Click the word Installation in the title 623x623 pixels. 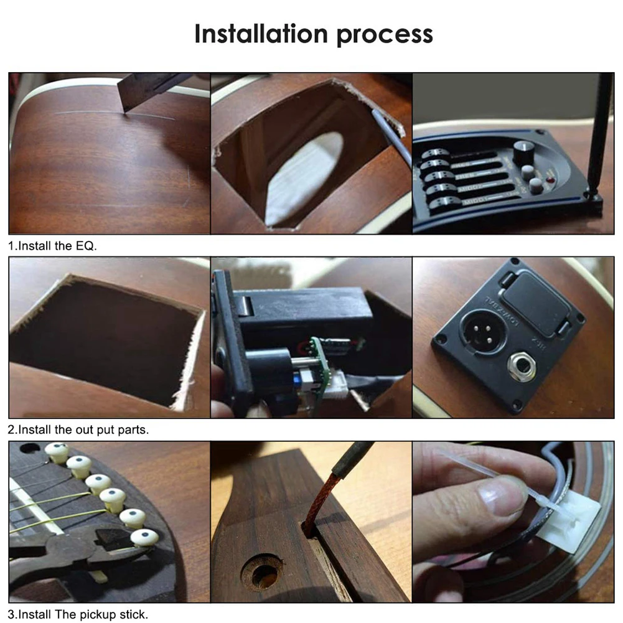[261, 34]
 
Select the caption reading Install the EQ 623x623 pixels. [52, 246]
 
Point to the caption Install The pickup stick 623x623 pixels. [78, 614]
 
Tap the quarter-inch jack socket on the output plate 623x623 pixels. [521, 369]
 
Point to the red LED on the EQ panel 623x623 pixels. [550, 182]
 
